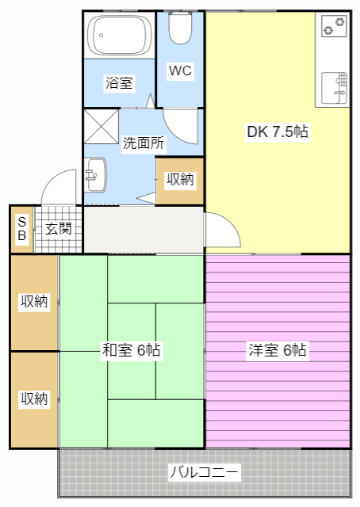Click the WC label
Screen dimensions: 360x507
(x=180, y=71)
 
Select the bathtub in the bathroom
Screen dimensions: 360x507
(x=120, y=35)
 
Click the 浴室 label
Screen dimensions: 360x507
(x=119, y=82)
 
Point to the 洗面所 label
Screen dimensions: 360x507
(x=144, y=143)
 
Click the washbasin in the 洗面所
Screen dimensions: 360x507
(x=95, y=175)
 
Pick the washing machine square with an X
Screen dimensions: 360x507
(x=101, y=127)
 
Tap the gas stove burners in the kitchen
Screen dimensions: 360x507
(x=334, y=26)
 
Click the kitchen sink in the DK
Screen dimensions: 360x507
(x=334, y=88)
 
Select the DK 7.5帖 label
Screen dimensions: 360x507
(x=278, y=132)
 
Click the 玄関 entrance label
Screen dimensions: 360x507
(x=58, y=229)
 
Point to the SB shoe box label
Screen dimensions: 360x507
(x=21, y=229)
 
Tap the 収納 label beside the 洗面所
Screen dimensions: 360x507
(x=180, y=179)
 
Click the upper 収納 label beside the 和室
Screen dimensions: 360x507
(x=34, y=301)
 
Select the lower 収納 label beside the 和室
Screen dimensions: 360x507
(x=34, y=398)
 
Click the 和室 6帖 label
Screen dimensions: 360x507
(x=131, y=350)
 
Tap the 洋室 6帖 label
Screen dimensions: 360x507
(x=278, y=350)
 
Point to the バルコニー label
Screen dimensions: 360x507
(x=205, y=472)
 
